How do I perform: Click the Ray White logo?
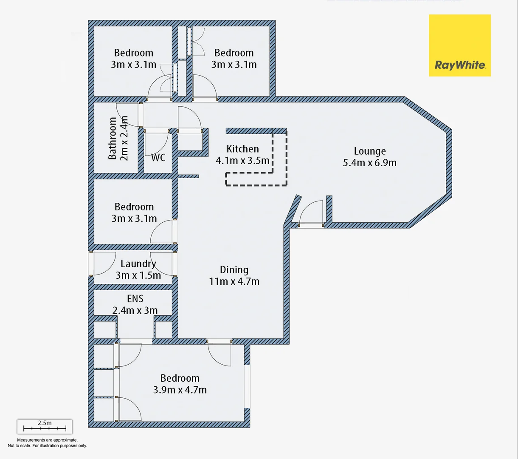(459, 45)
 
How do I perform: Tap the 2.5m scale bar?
(45, 426)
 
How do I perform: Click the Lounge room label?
(370, 151)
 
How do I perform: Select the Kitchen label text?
(242, 149)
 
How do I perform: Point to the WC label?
(158, 158)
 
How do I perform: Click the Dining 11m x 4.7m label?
(234, 275)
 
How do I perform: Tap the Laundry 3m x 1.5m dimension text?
(138, 275)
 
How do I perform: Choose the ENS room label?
(135, 299)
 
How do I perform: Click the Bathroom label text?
(113, 138)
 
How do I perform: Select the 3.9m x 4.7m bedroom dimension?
(180, 390)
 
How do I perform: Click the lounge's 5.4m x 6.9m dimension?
(370, 163)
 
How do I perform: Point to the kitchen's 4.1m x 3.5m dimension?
(242, 161)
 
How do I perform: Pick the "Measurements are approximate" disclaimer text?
(47, 440)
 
